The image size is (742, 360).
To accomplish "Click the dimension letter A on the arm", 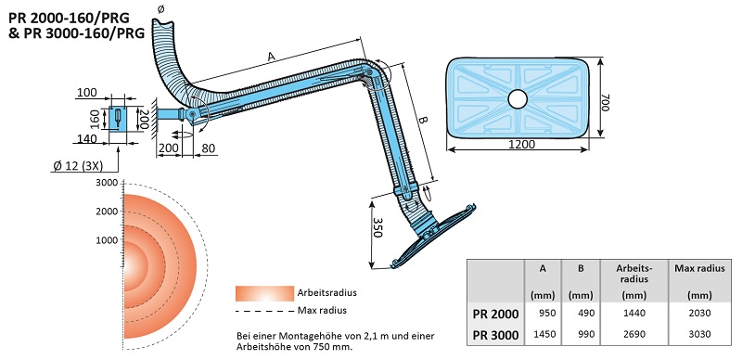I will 270,58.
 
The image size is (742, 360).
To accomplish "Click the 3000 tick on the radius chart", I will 107,183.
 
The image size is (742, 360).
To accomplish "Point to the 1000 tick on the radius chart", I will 107,240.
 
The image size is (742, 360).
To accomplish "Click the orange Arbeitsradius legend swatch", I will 263,292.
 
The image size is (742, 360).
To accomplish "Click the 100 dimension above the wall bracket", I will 87,92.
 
